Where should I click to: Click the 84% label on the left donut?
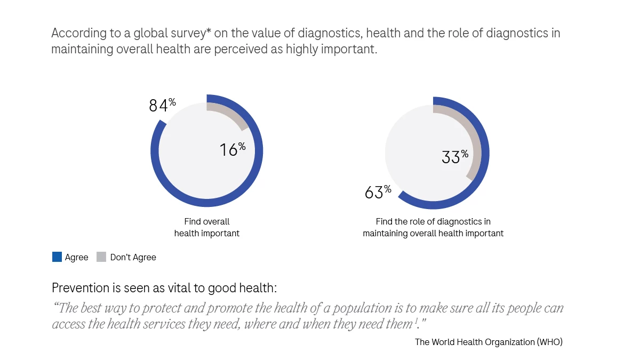pos(162,105)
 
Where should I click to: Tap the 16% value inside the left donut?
pos(232,149)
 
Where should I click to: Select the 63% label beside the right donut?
pos(378,191)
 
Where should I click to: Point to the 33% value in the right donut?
pos(454,156)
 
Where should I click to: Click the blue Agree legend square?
pos(57,257)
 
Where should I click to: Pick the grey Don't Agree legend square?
pos(101,257)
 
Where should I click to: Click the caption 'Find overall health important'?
pos(207,227)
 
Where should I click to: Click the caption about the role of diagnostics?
pos(433,227)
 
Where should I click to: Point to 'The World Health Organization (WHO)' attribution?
pos(489,342)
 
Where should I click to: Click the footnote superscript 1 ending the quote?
pos(416,322)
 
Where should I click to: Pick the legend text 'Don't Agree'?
pos(133,257)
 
